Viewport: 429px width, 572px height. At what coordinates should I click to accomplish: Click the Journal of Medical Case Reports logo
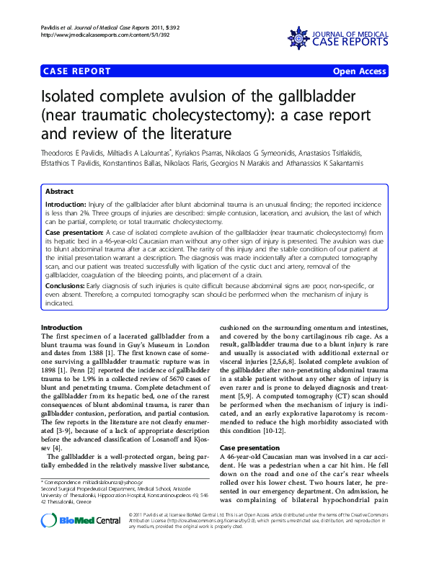point(337,35)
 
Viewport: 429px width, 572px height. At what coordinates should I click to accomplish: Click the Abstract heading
point(59,192)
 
